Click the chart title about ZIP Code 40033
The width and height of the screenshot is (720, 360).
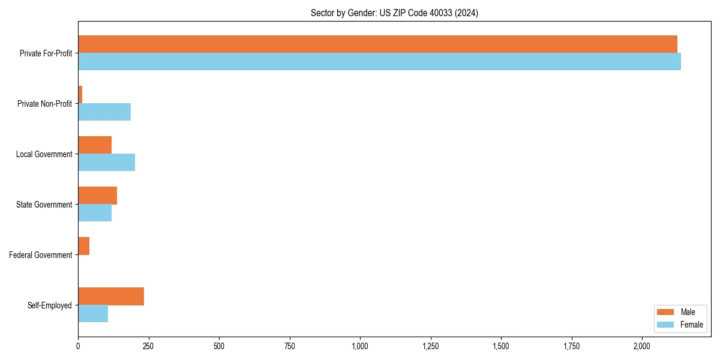point(394,13)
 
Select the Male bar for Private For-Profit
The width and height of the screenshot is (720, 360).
point(377,44)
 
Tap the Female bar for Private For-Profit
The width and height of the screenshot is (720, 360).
point(379,62)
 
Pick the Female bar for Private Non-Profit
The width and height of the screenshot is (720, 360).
point(104,112)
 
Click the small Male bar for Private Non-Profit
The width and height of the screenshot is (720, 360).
point(80,95)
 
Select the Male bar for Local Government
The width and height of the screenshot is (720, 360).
point(95,145)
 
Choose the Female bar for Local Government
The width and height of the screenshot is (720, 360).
point(106,163)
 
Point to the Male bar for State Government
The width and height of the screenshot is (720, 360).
point(97,196)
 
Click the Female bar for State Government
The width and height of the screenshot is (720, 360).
point(95,213)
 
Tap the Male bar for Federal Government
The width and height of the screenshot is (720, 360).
point(84,246)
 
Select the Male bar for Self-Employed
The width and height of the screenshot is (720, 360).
point(111,296)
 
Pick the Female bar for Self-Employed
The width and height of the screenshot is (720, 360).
point(93,314)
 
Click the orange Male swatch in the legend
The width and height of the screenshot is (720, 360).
point(666,312)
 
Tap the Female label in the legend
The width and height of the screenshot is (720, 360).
point(691,325)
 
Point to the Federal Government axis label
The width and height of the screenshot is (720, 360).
point(41,255)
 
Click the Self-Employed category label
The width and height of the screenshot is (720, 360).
point(50,305)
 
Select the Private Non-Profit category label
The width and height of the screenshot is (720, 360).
point(45,104)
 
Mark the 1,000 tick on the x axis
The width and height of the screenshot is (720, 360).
point(360,346)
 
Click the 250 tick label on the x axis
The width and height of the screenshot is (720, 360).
point(148,346)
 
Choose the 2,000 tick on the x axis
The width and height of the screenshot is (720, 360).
point(642,346)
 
